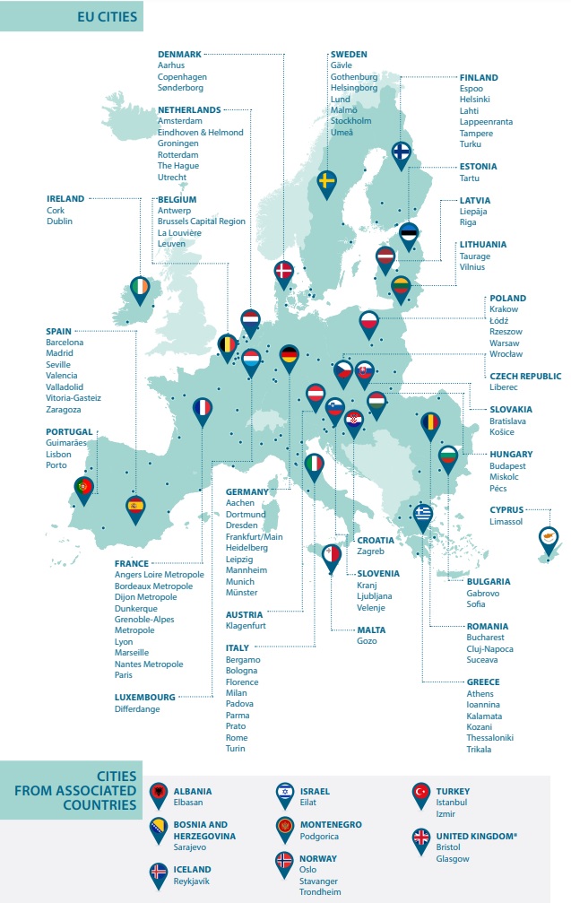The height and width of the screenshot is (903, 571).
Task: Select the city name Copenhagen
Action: click(183, 76)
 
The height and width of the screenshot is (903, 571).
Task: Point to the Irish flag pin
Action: click(141, 287)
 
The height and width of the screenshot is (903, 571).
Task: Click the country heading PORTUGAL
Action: click(69, 431)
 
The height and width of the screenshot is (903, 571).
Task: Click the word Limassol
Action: click(506, 521)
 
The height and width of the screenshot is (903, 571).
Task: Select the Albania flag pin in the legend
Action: click(159, 793)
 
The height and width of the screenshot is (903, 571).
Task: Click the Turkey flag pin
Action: click(420, 793)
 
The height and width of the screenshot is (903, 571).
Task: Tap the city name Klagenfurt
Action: click(246, 626)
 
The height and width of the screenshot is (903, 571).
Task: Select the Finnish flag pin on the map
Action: click(402, 154)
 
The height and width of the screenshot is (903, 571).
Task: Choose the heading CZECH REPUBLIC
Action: click(525, 377)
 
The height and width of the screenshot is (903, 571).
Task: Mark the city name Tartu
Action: click(471, 178)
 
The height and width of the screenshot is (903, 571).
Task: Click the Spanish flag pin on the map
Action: click(136, 507)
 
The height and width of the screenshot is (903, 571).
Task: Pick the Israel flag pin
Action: click(284, 793)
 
